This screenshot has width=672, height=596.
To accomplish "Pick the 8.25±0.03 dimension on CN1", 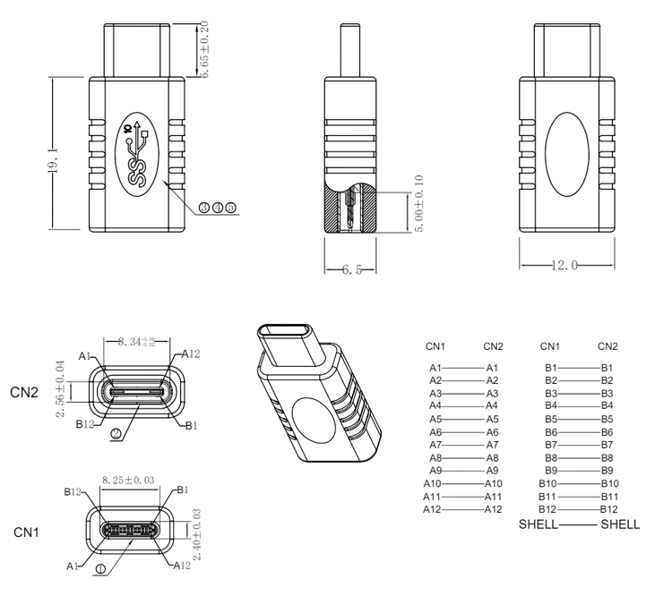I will pyautogui.click(x=132, y=481).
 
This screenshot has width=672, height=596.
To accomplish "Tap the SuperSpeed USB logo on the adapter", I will pyautogui.click(x=138, y=153).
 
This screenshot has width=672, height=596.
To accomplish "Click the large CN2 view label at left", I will pyautogui.click(x=25, y=391).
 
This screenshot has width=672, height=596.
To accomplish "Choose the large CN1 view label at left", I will pyautogui.click(x=25, y=532).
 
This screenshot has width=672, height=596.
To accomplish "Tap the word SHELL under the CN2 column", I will pyautogui.click(x=620, y=524).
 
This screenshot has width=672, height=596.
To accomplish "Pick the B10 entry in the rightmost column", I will pyautogui.click(x=607, y=483).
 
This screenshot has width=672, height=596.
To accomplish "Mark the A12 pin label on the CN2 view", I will pyautogui.click(x=191, y=354).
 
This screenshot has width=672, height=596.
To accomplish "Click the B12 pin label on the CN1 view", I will pyautogui.click(x=73, y=491).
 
